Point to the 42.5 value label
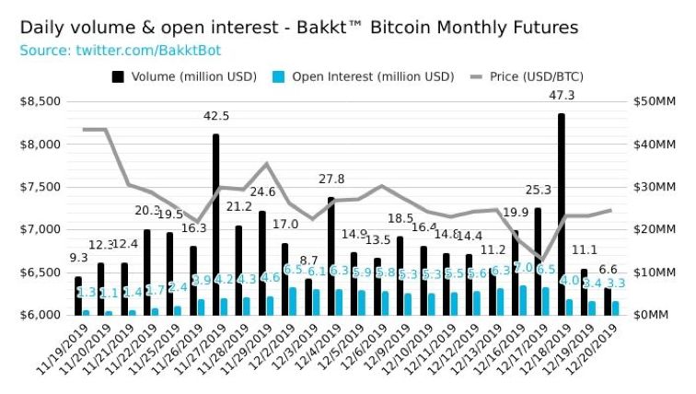[x=216, y=115]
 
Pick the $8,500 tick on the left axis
[x=40, y=101]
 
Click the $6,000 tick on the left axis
[x=40, y=315]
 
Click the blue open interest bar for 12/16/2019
[x=523, y=300]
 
